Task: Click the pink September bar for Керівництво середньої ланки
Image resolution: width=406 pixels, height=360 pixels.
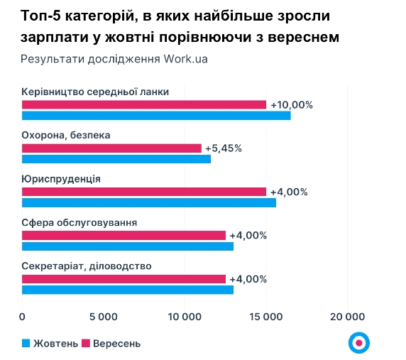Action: [144, 104]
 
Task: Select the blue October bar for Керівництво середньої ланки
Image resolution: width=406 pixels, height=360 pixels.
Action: [156, 116]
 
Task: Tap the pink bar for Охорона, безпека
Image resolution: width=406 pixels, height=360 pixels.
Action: [111, 148]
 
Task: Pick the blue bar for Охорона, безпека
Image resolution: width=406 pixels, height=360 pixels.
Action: [116, 159]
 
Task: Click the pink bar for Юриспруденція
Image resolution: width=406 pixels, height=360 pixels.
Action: [144, 192]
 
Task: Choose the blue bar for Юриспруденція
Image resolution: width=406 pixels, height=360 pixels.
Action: [149, 203]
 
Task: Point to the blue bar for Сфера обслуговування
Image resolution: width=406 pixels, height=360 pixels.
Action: [128, 246]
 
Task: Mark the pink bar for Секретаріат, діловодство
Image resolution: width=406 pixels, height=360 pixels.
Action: [124, 279]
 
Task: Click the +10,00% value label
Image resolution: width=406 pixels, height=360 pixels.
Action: [292, 104]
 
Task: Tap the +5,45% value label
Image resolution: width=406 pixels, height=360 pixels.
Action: [224, 148]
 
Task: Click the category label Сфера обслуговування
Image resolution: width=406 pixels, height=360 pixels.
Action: [79, 223]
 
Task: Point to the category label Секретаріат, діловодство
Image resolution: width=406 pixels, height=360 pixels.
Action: [87, 266]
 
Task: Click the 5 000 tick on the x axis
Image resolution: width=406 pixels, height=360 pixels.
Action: [104, 317]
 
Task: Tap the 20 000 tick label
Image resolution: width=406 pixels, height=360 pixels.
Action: [348, 317]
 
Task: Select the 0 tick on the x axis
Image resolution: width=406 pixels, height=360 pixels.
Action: [23, 317]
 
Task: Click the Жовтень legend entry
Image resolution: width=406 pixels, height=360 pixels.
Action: [50, 344]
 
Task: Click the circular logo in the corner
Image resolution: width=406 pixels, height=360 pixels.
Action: [359, 342]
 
